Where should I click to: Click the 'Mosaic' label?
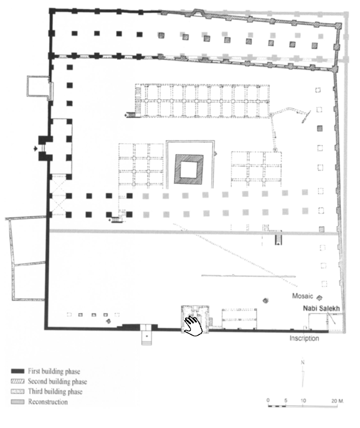click(303, 296)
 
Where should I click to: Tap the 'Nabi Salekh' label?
click(321, 309)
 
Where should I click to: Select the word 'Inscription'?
click(304, 338)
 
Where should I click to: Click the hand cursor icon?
click(193, 326)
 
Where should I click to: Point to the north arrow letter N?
click(303, 363)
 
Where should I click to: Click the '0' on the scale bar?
click(268, 400)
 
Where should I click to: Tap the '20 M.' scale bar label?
click(337, 401)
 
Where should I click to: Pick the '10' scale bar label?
click(303, 401)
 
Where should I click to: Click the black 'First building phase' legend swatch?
click(17, 371)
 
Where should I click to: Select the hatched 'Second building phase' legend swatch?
click(17, 382)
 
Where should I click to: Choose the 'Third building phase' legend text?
click(55, 392)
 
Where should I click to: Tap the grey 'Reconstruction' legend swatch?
click(17, 402)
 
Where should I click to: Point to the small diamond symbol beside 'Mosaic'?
click(319, 298)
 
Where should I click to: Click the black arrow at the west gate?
click(35, 148)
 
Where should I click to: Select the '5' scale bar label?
click(286, 400)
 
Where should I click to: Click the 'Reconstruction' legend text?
click(48, 402)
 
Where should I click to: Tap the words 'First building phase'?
click(54, 371)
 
